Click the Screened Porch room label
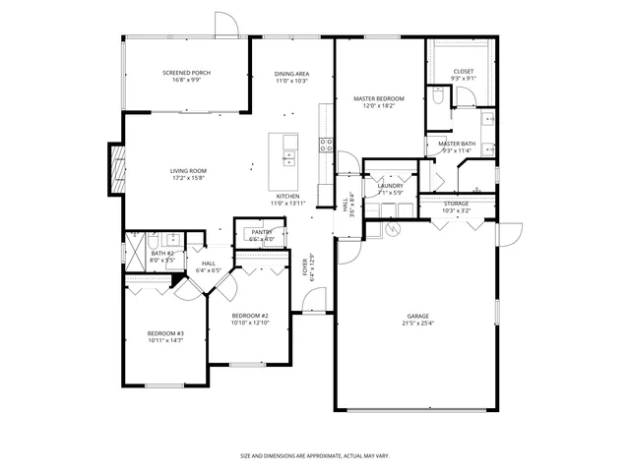(x=187, y=73)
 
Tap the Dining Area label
(x=292, y=73)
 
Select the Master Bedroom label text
(x=379, y=99)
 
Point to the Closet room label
(x=464, y=72)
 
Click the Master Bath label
(x=458, y=145)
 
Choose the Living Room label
(x=188, y=171)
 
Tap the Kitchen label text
(x=288, y=197)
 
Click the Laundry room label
(x=390, y=185)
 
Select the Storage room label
(x=456, y=204)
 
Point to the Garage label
(x=418, y=316)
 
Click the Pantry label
(x=261, y=232)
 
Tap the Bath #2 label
(x=162, y=254)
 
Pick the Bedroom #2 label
(x=249, y=316)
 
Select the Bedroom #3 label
(x=165, y=333)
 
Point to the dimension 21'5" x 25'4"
(x=418, y=323)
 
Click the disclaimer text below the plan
(x=315, y=455)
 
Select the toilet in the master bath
(x=437, y=96)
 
